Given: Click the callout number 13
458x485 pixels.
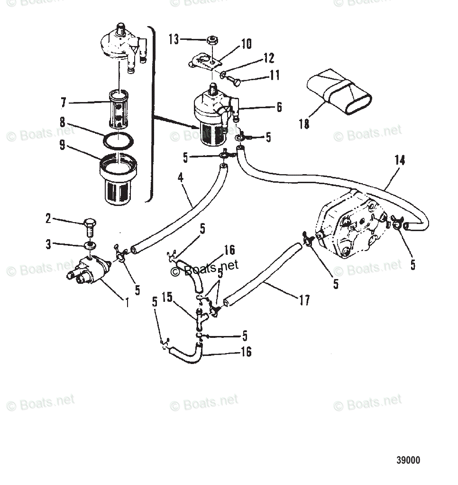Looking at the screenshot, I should point(174,39).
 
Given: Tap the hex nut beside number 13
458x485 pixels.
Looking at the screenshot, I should point(212,40).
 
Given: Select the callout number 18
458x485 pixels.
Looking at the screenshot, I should point(304,124).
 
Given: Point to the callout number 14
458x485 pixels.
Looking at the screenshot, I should point(400,160).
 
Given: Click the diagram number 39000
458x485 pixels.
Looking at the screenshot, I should point(408,460).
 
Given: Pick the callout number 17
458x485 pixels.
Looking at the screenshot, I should point(304,300).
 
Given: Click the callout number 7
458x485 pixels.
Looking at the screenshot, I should point(63,103).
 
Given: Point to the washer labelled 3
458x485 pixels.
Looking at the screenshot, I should point(89,245).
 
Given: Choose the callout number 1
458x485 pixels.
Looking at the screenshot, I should point(127,301).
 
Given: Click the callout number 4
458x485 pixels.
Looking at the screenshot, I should point(180,179).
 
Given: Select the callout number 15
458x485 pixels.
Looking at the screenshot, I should point(166,298).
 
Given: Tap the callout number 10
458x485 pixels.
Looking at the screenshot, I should point(246,44).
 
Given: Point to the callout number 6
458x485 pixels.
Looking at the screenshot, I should point(279,107).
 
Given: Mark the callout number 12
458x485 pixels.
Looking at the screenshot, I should point(268,58).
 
